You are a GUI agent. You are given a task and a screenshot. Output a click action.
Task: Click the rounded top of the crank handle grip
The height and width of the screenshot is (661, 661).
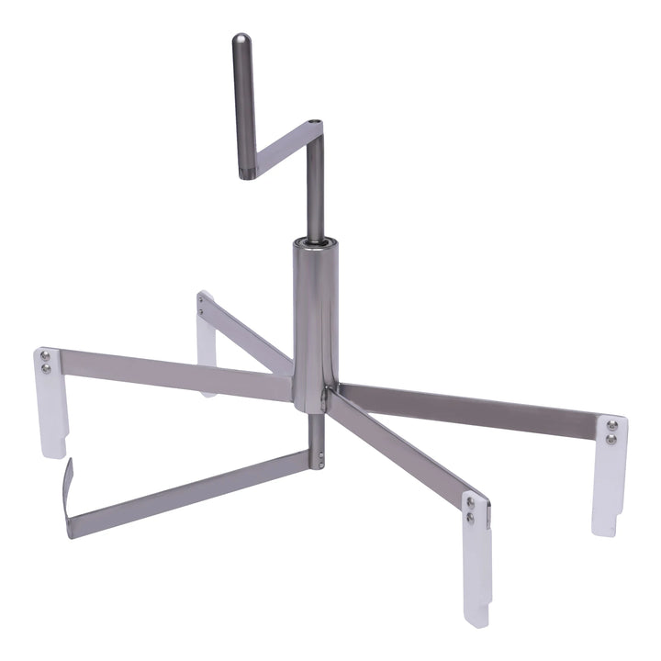click(x=241, y=41)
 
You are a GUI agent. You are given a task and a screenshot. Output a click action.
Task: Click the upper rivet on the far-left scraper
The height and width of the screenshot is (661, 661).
click(x=45, y=356)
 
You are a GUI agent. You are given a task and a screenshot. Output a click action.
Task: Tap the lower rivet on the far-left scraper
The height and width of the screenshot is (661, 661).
click(x=45, y=369)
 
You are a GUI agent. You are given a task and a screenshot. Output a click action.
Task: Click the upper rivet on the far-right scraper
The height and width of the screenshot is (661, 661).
click(x=611, y=426)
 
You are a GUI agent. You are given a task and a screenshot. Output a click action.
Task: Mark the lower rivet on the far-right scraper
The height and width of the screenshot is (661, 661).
click(x=611, y=440)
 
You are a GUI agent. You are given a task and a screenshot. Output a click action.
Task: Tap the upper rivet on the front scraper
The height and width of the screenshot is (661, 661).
click(x=471, y=504)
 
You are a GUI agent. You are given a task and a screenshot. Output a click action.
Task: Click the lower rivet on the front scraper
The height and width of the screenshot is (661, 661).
click(x=471, y=519)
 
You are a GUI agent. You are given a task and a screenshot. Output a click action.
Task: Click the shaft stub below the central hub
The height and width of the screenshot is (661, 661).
click(x=317, y=441)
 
